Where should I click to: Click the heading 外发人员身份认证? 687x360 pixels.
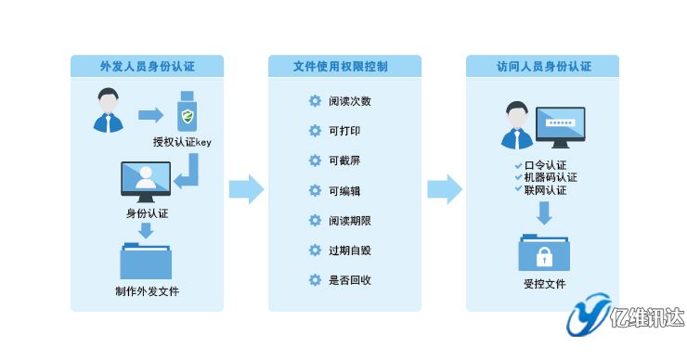click(148, 66)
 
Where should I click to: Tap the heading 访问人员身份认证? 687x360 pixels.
click(543, 66)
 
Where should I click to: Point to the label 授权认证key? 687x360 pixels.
click(184, 142)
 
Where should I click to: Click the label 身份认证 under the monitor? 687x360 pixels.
click(147, 212)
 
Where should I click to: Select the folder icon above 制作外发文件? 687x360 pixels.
click(146, 260)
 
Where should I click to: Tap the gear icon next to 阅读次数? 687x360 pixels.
click(315, 101)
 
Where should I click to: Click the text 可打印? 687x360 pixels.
click(343, 131)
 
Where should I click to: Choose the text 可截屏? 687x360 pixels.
click(343, 161)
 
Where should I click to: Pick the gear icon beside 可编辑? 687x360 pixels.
click(315, 190)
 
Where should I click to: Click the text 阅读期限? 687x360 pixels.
click(350, 220)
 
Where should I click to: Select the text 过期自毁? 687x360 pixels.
click(350, 250)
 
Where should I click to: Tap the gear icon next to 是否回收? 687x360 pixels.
click(315, 279)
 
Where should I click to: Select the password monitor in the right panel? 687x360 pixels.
click(560, 125)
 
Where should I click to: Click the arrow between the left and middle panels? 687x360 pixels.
click(245, 188)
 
